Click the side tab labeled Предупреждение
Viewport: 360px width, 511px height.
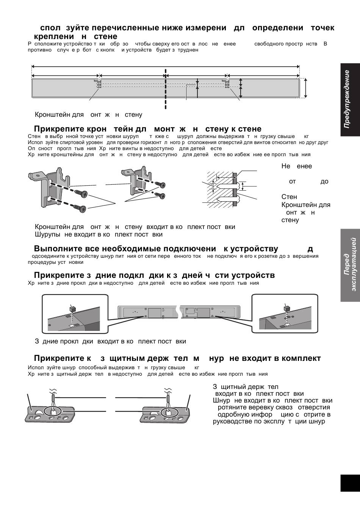[x=349, y=99]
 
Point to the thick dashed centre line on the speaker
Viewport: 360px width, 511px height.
[x=166, y=89]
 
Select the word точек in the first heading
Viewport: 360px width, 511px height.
[x=322, y=28]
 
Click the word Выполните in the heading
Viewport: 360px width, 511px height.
[x=55, y=249]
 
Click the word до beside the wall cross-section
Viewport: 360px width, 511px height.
[x=324, y=182]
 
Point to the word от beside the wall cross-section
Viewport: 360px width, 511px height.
[x=292, y=182]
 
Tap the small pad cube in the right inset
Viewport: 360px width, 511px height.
[x=287, y=309]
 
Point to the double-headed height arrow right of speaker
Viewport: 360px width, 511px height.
[x=305, y=88]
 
